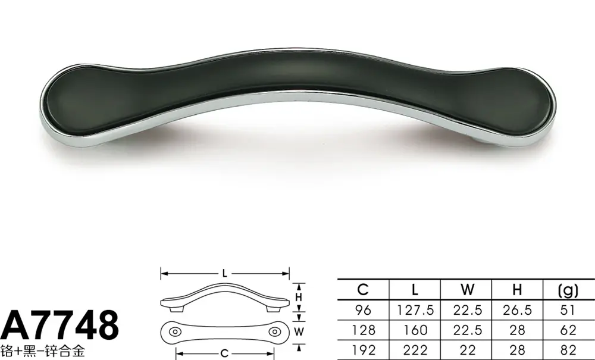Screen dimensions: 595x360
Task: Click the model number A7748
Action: [59, 325]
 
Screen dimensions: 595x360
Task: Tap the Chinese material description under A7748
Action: [42, 351]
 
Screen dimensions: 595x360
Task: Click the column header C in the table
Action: [363, 290]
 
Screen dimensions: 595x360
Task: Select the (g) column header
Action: [568, 290]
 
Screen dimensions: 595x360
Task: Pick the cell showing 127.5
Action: [415, 310]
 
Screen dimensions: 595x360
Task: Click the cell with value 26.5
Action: [517, 310]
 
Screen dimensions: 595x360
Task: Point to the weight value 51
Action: [568, 310]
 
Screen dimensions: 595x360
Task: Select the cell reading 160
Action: [415, 330]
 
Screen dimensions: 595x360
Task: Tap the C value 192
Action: [363, 350]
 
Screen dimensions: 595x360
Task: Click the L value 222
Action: [415, 350]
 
